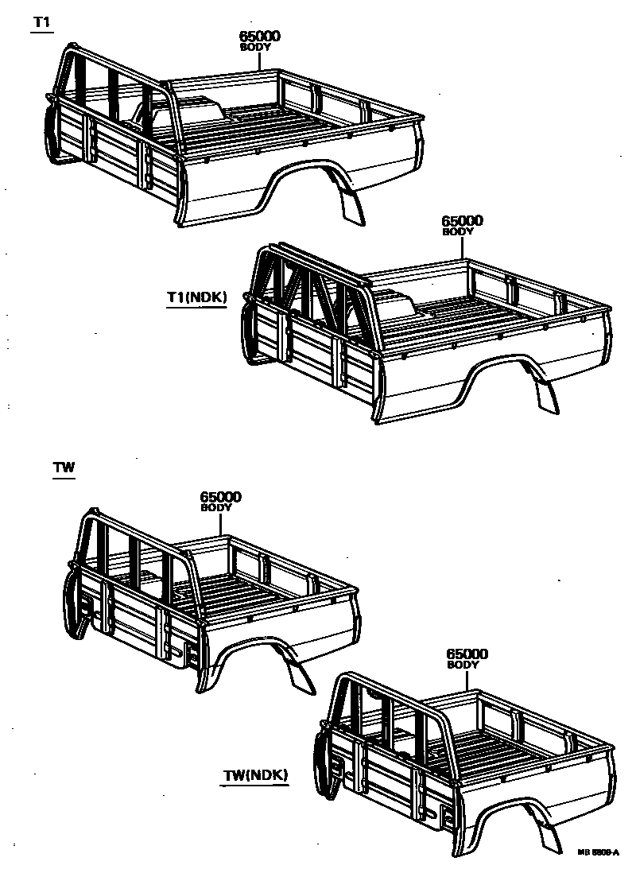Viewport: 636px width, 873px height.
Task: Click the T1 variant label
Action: coord(41,22)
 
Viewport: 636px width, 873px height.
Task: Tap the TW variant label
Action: coord(64,468)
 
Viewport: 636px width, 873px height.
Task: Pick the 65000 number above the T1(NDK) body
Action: coord(462,221)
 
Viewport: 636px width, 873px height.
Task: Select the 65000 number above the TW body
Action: coord(220,497)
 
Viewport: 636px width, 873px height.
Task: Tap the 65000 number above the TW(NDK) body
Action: coord(467,654)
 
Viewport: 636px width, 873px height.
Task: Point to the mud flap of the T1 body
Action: coord(351,205)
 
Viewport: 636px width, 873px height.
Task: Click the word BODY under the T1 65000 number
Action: coord(256,48)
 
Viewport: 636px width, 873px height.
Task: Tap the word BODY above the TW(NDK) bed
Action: coord(463,665)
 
